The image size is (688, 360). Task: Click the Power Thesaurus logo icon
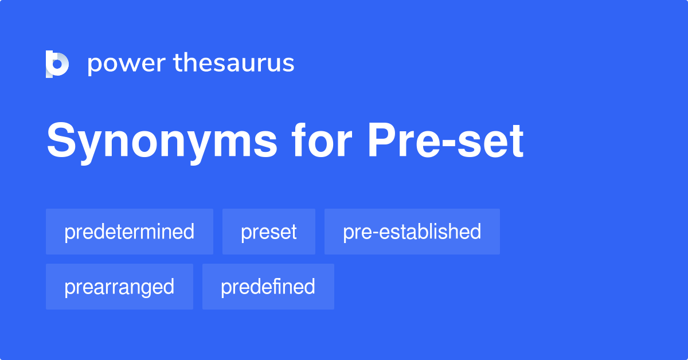coord(57,64)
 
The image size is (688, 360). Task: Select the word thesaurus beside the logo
coord(234,64)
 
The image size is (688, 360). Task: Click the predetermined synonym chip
coord(130,232)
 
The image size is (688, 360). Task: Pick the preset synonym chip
coord(269,232)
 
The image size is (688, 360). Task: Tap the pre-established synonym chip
coord(412,232)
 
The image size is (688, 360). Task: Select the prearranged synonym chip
coord(119,287)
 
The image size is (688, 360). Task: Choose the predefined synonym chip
coord(268,287)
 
